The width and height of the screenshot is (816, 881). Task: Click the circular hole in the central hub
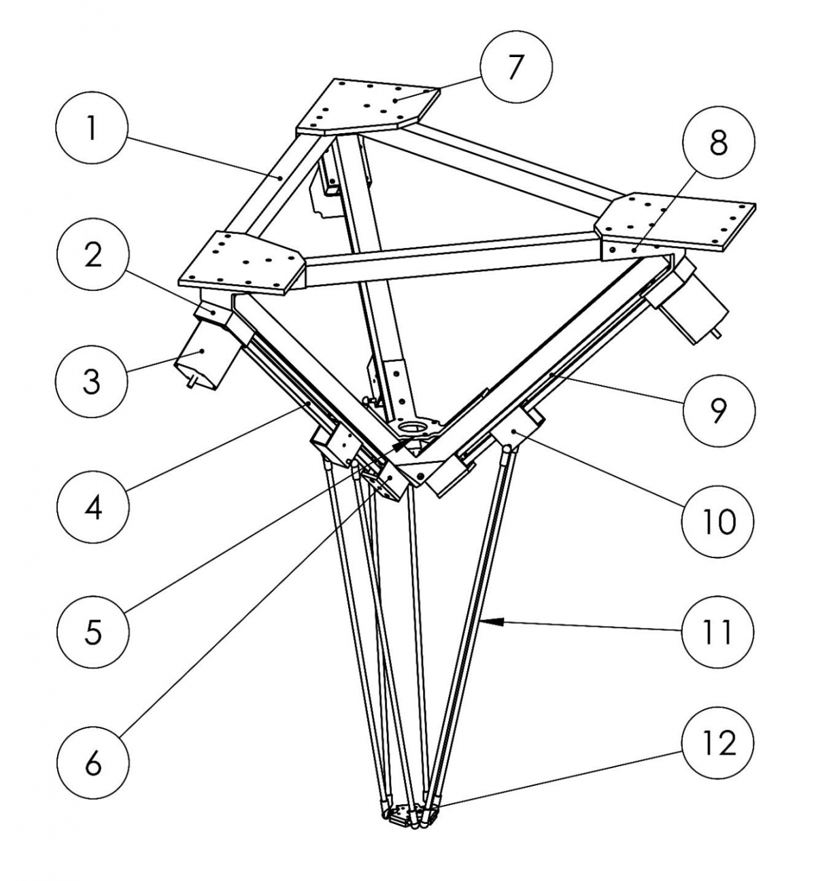[x=411, y=428]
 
